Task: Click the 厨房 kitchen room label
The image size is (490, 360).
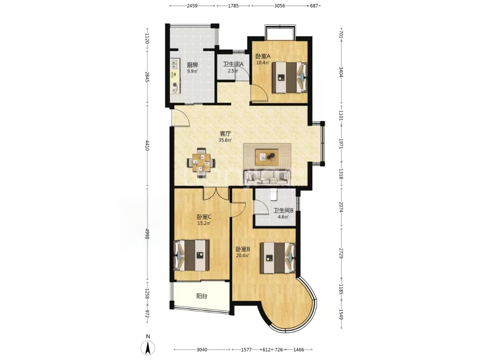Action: [x=192, y=65]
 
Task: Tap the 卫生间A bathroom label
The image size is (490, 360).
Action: [x=233, y=64]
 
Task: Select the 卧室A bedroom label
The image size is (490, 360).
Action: [x=263, y=56]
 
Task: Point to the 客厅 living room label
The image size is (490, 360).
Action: [x=225, y=133]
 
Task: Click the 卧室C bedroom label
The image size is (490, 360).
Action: [x=204, y=217]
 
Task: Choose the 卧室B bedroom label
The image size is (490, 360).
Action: [x=243, y=249]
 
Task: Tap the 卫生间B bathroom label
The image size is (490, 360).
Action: [x=283, y=211]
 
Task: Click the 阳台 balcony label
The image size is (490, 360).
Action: [x=202, y=296]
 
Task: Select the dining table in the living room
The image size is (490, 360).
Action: [x=201, y=161]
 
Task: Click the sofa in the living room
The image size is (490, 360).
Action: [x=267, y=177]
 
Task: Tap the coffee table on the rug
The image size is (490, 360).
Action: [x=267, y=157]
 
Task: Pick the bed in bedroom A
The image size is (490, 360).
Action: [x=289, y=77]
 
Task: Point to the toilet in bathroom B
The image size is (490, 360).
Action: [x=274, y=194]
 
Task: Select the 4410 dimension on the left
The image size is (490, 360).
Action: [x=147, y=146]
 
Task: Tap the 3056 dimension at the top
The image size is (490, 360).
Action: [x=280, y=6]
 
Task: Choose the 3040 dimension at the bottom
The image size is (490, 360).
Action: [x=202, y=350]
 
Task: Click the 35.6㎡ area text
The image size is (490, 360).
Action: [x=225, y=140]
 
